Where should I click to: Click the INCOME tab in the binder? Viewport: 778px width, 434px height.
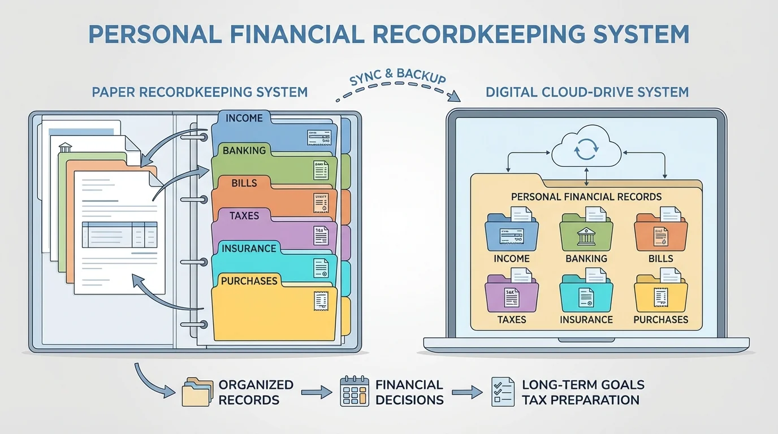244,118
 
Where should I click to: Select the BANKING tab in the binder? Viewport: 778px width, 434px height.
244,150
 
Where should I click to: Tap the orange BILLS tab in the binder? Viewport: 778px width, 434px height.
244,183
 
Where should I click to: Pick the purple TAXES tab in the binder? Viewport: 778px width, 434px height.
244,215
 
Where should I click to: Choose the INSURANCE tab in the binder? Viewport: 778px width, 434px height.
249,248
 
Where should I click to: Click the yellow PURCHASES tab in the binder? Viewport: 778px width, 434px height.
249,281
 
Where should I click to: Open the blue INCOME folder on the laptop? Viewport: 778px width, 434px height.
512,233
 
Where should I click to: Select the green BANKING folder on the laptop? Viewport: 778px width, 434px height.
586,233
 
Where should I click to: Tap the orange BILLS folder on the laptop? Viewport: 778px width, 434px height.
660,233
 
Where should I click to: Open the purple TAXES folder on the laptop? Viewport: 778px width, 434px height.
512,294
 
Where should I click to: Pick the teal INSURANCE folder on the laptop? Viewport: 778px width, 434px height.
586,294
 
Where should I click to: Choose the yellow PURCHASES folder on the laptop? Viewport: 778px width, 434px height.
660,294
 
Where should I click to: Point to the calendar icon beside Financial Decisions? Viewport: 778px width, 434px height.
355,392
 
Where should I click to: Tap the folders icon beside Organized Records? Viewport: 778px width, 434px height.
196,392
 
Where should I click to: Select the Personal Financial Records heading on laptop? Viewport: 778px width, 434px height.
586,197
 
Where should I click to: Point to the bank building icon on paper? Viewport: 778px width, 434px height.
65,147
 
